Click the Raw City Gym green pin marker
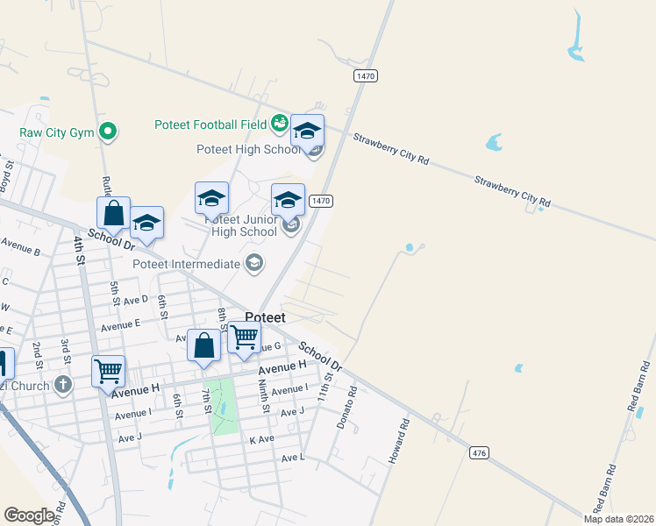tap(108, 132)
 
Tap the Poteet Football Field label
tap(210, 124)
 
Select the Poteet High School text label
tap(250, 150)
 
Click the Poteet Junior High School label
tap(241, 225)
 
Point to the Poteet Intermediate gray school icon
tap(254, 263)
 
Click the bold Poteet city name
tap(273, 317)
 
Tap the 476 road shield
tap(478, 452)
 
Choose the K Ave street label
tap(262, 439)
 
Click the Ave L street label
tap(292, 458)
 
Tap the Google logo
tap(30, 515)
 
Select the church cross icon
tap(62, 384)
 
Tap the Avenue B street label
tap(21, 245)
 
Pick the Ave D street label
tap(136, 300)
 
